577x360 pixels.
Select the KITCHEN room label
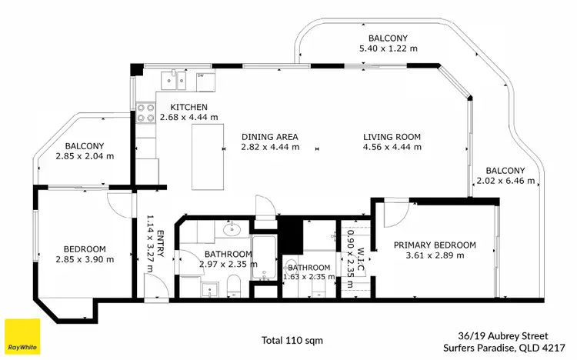click(x=188, y=107)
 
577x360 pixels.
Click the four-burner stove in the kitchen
click(x=145, y=114)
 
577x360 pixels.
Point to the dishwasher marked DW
click(x=201, y=75)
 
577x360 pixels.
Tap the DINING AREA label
click(x=269, y=138)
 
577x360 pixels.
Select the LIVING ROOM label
click(x=392, y=138)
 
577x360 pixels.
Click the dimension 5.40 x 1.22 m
click(x=388, y=48)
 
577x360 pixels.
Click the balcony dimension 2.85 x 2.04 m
click(x=85, y=155)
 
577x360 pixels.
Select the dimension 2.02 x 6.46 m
click(x=505, y=181)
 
